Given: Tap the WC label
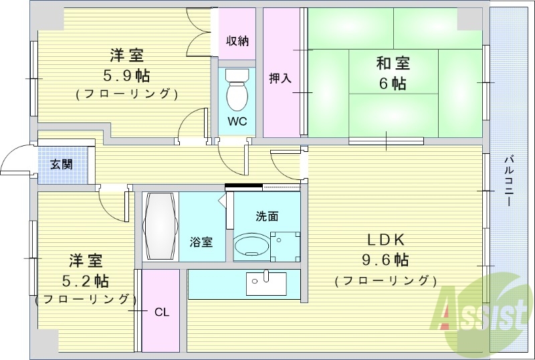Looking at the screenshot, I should coord(237,122).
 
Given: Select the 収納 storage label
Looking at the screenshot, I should coord(237,41).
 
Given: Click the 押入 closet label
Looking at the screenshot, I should coord(280,78).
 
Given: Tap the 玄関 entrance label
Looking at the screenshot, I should coord(62,164).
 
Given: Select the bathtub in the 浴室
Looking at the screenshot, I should coord(159,227).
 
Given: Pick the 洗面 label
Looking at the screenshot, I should coord(267,216).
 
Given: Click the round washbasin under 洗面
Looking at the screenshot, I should coord(251,246).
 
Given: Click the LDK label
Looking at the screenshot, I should coord(385,240).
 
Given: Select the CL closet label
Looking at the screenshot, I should coord(161,311).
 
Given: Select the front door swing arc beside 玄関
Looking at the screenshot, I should coord(15,161).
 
